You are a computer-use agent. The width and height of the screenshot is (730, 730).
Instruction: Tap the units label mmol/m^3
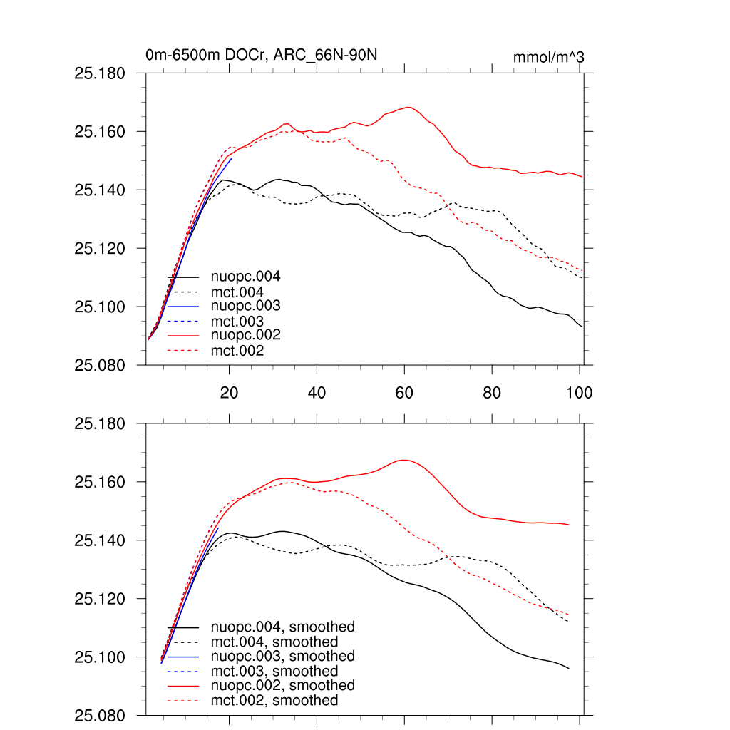[549, 56]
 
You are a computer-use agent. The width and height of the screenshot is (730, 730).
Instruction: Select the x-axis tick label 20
[229, 393]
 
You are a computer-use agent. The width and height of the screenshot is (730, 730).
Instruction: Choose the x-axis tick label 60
[404, 393]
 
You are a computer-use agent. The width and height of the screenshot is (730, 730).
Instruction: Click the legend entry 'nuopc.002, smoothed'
[283, 686]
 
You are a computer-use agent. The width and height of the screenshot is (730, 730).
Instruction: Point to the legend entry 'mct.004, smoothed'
[274, 642]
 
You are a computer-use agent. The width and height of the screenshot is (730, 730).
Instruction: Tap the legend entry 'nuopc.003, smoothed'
[283, 657]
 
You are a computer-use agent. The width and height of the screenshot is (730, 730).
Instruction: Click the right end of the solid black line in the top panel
[582, 327]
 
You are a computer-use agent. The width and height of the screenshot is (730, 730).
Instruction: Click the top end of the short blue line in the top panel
[231, 158]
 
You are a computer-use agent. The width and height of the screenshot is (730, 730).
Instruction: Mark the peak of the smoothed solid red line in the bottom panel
[404, 460]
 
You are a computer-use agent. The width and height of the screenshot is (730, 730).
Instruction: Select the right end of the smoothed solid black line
[569, 668]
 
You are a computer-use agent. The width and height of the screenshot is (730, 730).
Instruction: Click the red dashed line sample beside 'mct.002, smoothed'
[182, 701]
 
